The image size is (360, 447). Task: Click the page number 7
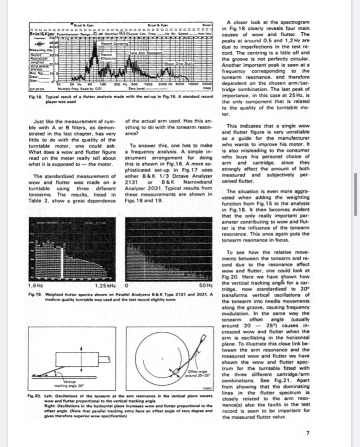[308, 433]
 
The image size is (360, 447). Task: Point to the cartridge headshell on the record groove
[176, 371]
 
